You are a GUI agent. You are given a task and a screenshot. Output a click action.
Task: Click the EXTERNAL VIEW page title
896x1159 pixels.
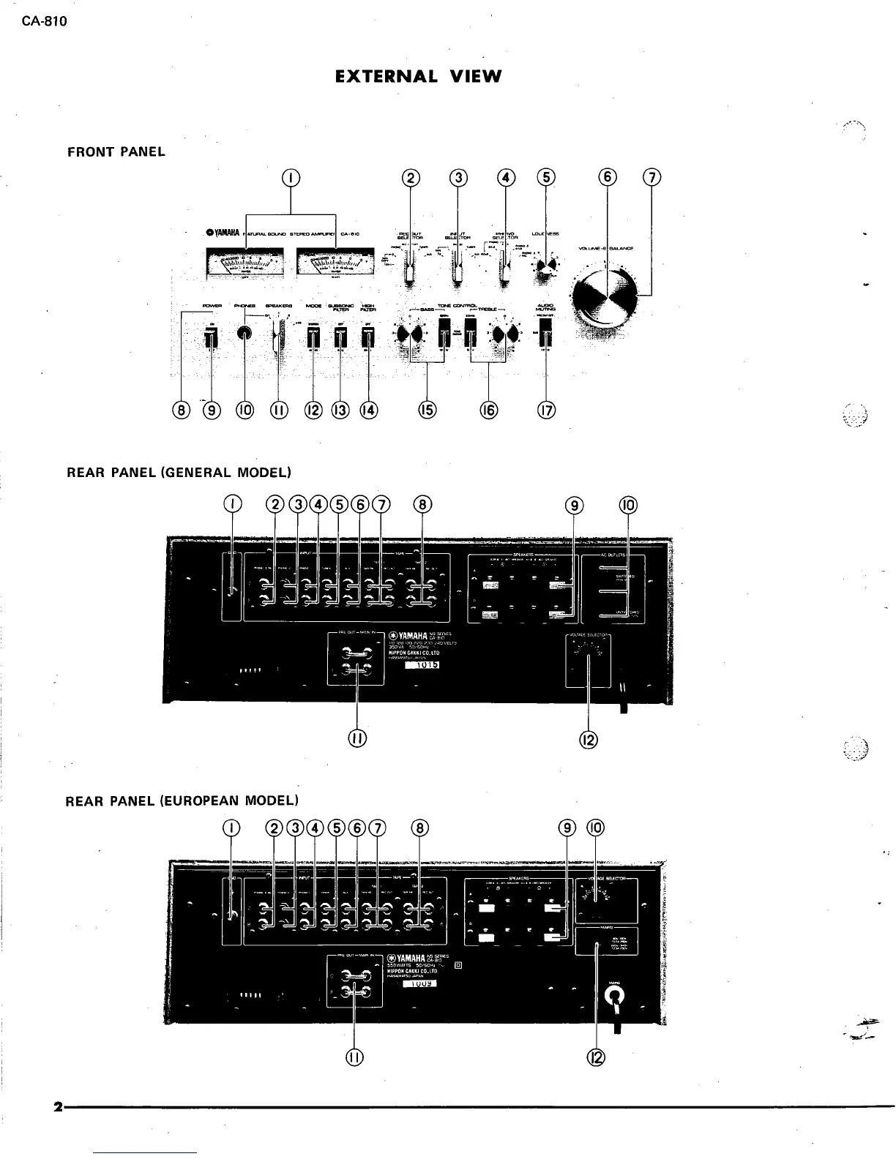pyautogui.click(x=418, y=76)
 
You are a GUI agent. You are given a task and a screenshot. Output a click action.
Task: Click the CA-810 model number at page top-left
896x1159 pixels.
pyautogui.click(x=44, y=20)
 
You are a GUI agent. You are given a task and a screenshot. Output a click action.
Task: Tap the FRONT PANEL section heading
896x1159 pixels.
pyautogui.click(x=116, y=152)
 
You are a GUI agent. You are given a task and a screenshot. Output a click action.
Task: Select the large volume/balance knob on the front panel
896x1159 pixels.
pyautogui.click(x=605, y=300)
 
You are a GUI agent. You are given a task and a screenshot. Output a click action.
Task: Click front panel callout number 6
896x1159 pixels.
pyautogui.click(x=608, y=177)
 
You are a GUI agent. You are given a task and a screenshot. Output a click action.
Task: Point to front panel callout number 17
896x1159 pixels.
pyautogui.click(x=546, y=410)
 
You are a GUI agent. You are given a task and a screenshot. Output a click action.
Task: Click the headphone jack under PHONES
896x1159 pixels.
pyautogui.click(x=244, y=333)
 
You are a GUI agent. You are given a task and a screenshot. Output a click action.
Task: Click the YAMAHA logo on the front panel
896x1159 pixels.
pyautogui.click(x=223, y=233)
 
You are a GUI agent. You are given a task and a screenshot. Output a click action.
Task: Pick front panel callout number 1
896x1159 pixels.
pyautogui.click(x=291, y=177)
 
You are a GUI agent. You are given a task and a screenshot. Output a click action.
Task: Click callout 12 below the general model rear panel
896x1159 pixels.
pyautogui.click(x=589, y=739)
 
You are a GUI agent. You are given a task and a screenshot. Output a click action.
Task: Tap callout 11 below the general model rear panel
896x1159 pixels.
pyautogui.click(x=356, y=739)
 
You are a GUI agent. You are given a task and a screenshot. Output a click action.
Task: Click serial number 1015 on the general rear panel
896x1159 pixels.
pyautogui.click(x=421, y=664)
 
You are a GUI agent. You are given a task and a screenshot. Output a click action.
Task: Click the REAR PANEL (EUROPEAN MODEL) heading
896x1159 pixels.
pyautogui.click(x=182, y=800)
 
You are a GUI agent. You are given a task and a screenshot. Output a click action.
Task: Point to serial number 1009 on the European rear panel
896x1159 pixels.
pyautogui.click(x=420, y=983)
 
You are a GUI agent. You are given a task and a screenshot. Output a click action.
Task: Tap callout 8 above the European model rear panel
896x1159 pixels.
pyautogui.click(x=419, y=828)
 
